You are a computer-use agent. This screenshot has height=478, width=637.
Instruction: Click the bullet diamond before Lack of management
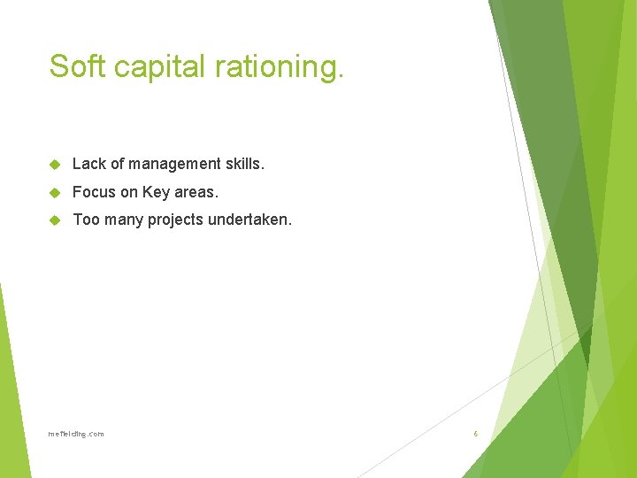[55, 165]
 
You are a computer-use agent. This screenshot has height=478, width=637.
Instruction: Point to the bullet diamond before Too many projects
[55, 220]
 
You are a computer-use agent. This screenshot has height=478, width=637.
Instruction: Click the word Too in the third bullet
[86, 220]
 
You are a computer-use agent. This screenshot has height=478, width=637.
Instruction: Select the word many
[124, 220]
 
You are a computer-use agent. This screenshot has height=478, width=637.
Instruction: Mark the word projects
[176, 220]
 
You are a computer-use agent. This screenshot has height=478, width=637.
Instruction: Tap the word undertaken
[250, 220]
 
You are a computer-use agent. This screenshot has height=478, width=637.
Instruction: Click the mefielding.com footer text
[76, 434]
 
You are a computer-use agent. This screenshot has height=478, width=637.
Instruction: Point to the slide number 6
[475, 434]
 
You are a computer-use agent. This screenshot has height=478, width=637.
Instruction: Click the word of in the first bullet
[117, 164]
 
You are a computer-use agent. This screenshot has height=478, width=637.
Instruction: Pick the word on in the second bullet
[129, 192]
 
